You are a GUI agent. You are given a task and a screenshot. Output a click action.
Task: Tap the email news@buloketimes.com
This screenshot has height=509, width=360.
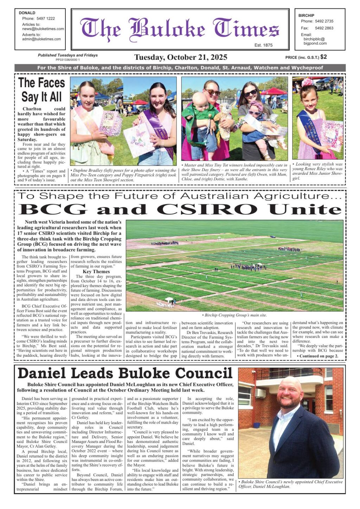click(x=43, y=29)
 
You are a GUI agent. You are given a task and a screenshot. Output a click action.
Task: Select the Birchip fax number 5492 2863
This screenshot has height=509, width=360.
click(x=324, y=28)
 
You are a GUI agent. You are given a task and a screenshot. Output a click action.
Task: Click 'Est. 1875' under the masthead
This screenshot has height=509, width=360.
click(x=263, y=45)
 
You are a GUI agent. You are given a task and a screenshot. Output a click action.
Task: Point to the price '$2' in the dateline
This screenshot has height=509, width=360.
click(x=323, y=57)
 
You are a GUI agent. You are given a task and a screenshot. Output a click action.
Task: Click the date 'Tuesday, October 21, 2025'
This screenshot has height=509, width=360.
click(x=181, y=57)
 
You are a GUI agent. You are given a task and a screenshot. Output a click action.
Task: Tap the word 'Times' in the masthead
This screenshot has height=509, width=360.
click(x=246, y=30)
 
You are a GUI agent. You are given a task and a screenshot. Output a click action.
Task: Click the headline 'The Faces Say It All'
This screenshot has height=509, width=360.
click(x=41, y=90)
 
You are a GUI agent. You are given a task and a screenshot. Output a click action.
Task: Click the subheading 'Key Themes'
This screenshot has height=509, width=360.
click(x=96, y=272)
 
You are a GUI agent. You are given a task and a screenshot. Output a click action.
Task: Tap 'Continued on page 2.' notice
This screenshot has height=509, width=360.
click(x=319, y=356)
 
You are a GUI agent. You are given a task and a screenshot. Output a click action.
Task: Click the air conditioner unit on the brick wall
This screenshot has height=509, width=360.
click(x=260, y=392)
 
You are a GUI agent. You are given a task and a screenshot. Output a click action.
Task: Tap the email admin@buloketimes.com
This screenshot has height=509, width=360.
click(x=41, y=39)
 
